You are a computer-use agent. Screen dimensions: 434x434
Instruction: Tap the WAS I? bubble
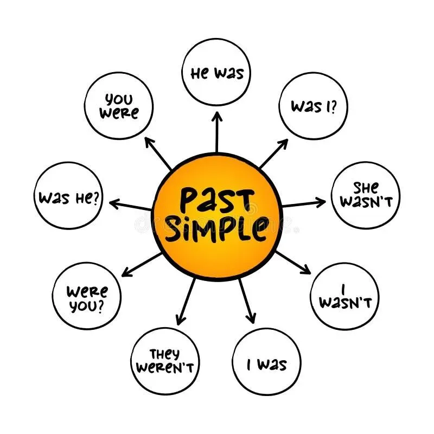click(313, 105)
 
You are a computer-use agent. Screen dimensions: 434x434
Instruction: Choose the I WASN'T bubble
click(344, 296)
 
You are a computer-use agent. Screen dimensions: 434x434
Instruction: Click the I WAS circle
click(266, 363)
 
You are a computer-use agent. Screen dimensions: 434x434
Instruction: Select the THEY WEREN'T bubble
click(165, 361)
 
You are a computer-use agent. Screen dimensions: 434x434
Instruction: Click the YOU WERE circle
click(119, 105)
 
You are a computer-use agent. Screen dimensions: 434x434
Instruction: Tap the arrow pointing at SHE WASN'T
click(304, 204)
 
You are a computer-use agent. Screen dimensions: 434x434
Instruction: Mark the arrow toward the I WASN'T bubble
click(293, 261)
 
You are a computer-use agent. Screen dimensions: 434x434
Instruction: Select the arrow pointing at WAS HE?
click(130, 205)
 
